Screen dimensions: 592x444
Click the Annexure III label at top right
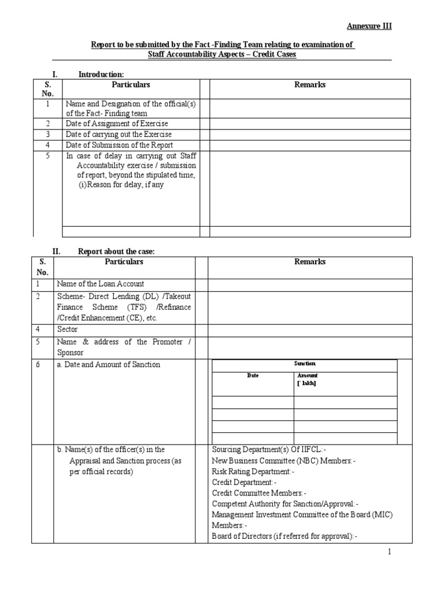pyautogui.click(x=369, y=26)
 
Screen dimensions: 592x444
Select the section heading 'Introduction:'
pyautogui.click(x=101, y=75)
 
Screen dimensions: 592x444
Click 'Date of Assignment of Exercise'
pyautogui.click(x=117, y=124)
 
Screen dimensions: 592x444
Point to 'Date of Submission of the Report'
pyautogui.click(x=119, y=145)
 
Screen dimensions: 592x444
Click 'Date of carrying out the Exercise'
pyautogui.click(x=119, y=135)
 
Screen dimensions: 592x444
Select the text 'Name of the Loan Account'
pyautogui.click(x=101, y=284)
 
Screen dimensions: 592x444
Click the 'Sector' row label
pyautogui.click(x=67, y=329)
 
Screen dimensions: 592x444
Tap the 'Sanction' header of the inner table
pyautogui.click(x=305, y=364)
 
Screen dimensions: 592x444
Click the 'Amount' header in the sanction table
pyautogui.click(x=307, y=376)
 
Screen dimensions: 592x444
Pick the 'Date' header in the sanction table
pyautogui.click(x=253, y=376)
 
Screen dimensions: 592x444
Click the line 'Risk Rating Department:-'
pyautogui.click(x=253, y=471)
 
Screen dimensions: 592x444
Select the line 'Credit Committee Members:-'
pyautogui.click(x=258, y=493)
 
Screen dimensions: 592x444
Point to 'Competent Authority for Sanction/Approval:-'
pyautogui.click(x=285, y=504)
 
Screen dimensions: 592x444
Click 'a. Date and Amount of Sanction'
pyautogui.click(x=109, y=364)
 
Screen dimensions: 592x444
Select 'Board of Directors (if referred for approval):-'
pyautogui.click(x=284, y=536)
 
